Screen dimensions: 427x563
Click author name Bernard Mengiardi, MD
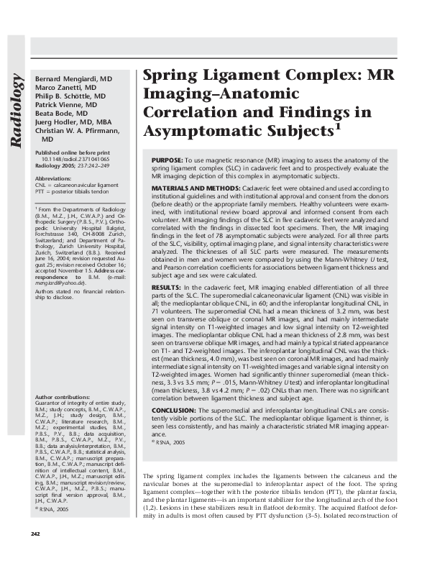point(74,77)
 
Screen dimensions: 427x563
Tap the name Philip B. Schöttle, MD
point(70,96)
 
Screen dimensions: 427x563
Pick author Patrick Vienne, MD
point(66,105)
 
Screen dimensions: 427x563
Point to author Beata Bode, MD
point(61,114)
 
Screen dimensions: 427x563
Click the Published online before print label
point(72,153)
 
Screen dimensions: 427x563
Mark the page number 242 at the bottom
point(35,533)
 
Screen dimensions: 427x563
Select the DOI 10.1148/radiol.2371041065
point(78,160)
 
